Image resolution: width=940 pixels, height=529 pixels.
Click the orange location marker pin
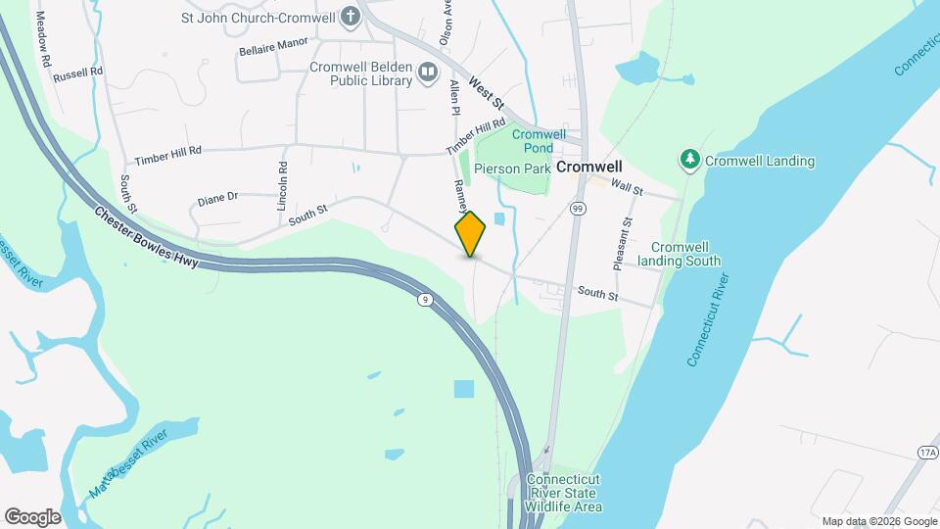click(x=470, y=233)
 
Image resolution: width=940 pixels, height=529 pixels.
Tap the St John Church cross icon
click(x=351, y=17)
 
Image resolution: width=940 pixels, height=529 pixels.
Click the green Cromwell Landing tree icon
click(x=690, y=159)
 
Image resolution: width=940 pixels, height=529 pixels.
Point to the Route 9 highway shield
click(x=424, y=299)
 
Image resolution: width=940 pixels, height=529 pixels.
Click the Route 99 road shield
click(x=578, y=209)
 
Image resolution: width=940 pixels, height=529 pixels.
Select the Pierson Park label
click(x=513, y=168)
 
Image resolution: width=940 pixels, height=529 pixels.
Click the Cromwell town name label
click(x=589, y=168)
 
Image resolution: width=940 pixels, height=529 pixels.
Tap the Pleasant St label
click(x=623, y=239)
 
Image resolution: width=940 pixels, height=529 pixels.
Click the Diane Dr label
click(x=217, y=198)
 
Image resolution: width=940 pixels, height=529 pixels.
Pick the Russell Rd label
click(x=78, y=73)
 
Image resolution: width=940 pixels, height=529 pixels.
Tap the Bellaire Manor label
click(x=273, y=45)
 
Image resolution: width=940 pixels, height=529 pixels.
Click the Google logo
click(x=32, y=516)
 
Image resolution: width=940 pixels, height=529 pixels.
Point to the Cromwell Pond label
click(x=539, y=140)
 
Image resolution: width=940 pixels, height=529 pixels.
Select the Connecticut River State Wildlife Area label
click(x=563, y=493)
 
